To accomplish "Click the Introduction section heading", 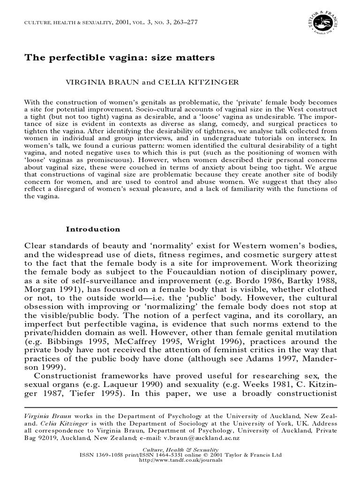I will [93, 229].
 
